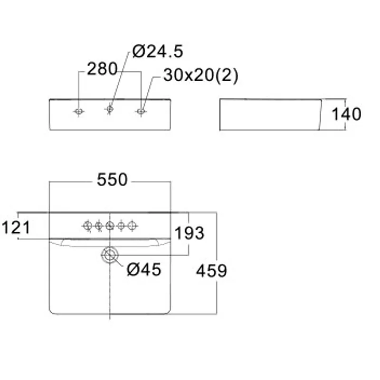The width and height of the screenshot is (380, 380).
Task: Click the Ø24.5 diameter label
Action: point(158,51)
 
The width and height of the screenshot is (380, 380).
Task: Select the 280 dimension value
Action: point(102,69)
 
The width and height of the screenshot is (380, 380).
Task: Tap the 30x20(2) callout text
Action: point(201,76)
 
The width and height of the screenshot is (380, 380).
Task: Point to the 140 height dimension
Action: point(346,114)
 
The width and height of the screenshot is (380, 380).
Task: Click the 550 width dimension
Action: point(112,180)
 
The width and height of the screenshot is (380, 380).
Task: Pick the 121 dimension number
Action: point(16,228)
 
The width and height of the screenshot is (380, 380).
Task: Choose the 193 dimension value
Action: point(189,233)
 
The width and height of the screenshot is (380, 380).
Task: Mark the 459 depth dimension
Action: point(211,271)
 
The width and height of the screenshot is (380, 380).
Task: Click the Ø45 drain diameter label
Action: point(144,269)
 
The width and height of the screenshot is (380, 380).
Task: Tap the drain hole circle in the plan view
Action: point(110,255)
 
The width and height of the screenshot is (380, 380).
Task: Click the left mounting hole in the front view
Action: point(78,112)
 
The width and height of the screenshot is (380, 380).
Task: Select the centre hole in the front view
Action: point(110,109)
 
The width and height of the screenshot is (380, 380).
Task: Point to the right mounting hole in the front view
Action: point(141,112)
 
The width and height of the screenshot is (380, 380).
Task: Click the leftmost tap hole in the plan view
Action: point(87,226)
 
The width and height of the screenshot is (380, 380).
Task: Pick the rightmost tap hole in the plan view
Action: point(132,226)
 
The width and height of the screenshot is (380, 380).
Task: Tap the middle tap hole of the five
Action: point(110,226)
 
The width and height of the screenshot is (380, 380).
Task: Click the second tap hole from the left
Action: point(99,226)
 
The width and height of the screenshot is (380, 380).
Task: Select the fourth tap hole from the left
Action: point(121,226)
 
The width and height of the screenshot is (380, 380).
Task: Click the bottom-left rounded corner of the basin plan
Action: point(51,312)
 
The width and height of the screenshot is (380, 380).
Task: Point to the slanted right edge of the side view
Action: point(320,114)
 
